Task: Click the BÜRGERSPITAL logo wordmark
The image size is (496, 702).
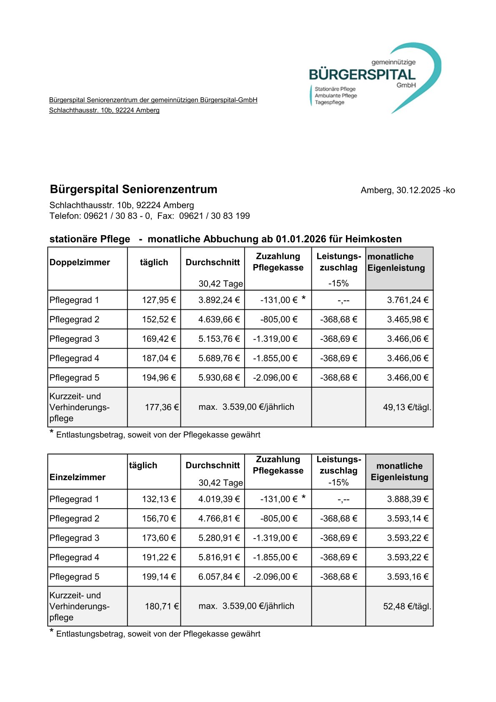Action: tap(362, 75)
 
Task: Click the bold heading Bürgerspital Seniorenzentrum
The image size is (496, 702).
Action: tap(133, 189)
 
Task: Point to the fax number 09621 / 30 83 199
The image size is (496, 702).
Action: tap(214, 216)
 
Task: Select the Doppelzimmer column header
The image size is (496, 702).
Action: tap(80, 263)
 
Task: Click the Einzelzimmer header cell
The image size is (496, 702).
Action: tap(78, 477)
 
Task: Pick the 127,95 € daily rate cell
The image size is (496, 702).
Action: tap(159, 300)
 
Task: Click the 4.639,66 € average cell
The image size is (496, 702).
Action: tap(219, 320)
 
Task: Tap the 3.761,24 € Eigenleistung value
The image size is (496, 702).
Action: tap(407, 300)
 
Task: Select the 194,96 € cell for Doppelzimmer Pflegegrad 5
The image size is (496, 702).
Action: tap(159, 378)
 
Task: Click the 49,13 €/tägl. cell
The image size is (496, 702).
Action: tap(407, 407)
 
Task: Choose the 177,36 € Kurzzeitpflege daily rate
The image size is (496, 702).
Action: tap(162, 407)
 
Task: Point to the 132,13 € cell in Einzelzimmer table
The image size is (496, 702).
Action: tap(159, 499)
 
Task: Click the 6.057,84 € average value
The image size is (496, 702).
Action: tap(219, 577)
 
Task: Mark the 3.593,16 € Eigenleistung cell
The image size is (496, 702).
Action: tap(407, 577)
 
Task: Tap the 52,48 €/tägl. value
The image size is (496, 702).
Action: tap(407, 607)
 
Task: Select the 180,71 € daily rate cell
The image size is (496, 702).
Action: tap(162, 607)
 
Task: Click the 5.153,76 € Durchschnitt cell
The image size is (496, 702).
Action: tap(219, 339)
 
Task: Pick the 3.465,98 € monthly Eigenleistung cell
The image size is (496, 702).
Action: tap(407, 320)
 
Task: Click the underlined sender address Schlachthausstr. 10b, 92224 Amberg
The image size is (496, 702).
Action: tap(104, 110)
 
